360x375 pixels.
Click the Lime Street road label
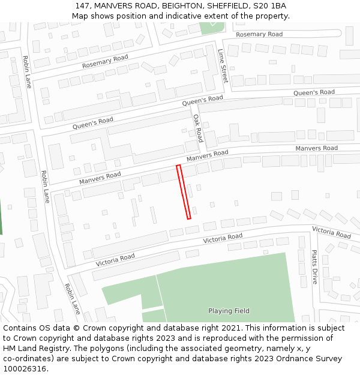[x=223, y=66]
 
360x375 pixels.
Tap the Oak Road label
[x=199, y=128]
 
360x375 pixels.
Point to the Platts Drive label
[x=314, y=267]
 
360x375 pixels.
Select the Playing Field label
[x=229, y=311]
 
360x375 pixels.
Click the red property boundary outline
[x=184, y=191]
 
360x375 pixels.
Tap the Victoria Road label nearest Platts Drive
[x=331, y=232]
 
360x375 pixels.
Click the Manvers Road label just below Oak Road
[x=207, y=156]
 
